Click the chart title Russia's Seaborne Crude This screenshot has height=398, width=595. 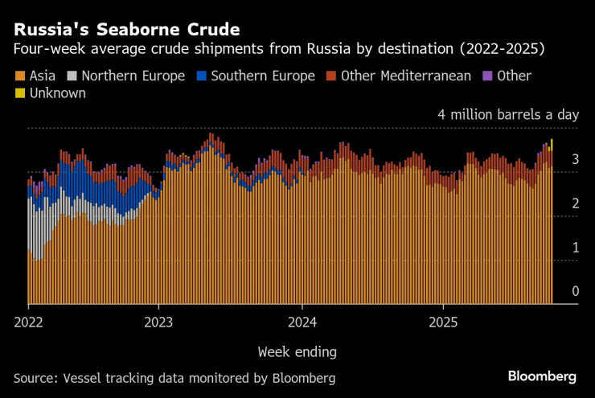point(126,30)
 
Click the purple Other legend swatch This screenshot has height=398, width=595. point(486,76)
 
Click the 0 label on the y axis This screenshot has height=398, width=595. point(575,291)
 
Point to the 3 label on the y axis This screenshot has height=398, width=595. point(575,160)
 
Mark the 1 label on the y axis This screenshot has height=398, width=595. point(575,248)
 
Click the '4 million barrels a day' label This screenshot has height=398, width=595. point(507,115)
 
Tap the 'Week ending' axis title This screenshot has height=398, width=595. point(297,352)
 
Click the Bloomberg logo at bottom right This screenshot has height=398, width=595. point(541,376)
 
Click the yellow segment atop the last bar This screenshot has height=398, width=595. point(552,144)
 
